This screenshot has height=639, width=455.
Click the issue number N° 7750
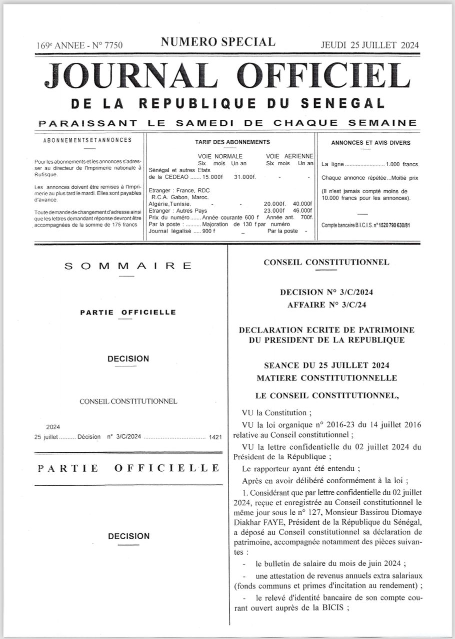point(107,45)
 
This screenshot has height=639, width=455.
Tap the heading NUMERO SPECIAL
point(217,42)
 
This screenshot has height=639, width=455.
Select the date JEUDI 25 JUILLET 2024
point(370,45)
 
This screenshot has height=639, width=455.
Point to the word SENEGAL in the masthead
point(343,104)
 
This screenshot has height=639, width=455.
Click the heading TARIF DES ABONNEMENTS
point(232,142)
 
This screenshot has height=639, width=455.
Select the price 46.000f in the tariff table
point(302,211)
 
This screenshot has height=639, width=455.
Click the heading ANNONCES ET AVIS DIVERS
point(370,143)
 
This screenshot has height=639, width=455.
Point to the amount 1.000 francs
point(402,164)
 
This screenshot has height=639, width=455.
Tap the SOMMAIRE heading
point(128,266)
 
